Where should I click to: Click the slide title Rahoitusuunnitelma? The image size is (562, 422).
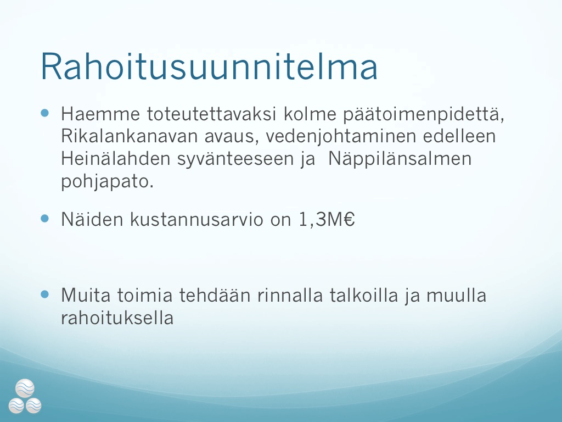click(209, 66)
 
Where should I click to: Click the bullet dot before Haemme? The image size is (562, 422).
click(45, 113)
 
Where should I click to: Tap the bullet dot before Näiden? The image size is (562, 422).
click(45, 219)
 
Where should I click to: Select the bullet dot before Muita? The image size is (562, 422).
click(45, 295)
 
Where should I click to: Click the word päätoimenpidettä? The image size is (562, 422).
click(424, 115)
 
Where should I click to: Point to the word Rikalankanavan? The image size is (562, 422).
click(130, 136)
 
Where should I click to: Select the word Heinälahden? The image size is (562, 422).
click(115, 159)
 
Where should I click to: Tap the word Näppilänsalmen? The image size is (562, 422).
click(400, 159)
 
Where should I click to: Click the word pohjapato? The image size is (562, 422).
click(108, 182)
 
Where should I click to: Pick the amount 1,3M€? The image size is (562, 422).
click(327, 219)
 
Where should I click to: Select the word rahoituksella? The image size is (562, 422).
click(117, 318)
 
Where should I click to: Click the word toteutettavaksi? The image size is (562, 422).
click(211, 114)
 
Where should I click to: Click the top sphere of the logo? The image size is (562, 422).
click(25, 388)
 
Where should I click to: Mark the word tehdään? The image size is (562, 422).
click(215, 295)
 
